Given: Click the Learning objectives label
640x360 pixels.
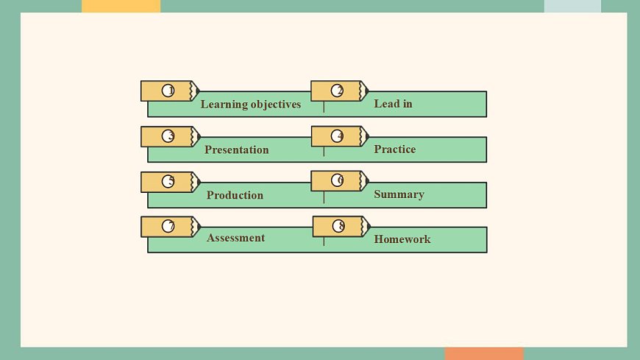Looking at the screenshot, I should pyautogui.click(x=251, y=105).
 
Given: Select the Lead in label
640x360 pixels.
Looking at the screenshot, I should pyautogui.click(x=393, y=104).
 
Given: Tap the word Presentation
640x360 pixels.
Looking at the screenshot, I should pyautogui.click(x=237, y=150).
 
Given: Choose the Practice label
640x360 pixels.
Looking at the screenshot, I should pyautogui.click(x=394, y=149).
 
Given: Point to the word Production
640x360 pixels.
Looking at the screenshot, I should pyautogui.click(x=235, y=195).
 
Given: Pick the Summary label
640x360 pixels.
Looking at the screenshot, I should pyautogui.click(x=399, y=194).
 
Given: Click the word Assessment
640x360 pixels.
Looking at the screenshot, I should pyautogui.click(x=235, y=238).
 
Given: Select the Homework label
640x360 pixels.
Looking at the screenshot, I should pyautogui.click(x=402, y=239).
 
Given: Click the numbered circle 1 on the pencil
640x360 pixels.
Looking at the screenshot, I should pyautogui.click(x=168, y=91).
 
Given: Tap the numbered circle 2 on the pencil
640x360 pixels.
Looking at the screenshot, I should pyautogui.click(x=337, y=91).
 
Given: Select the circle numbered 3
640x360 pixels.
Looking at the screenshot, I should pyautogui.click(x=168, y=136).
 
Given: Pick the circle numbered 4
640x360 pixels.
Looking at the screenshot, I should pyautogui.click(x=337, y=136).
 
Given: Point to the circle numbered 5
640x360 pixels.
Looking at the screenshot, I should pyautogui.click(x=168, y=181).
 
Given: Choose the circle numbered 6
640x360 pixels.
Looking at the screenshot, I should pyautogui.click(x=337, y=180).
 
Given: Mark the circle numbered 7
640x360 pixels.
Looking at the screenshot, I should pyautogui.click(x=168, y=226).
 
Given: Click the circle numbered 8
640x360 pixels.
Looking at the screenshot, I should pyautogui.click(x=338, y=226).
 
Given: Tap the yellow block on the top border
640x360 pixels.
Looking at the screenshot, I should pyautogui.click(x=121, y=6).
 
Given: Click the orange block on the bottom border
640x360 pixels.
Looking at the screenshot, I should pyautogui.click(x=484, y=354).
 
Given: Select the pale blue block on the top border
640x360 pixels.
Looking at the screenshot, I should pyautogui.click(x=572, y=6).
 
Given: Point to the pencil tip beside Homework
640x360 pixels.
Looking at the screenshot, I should pyautogui.click(x=366, y=226).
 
